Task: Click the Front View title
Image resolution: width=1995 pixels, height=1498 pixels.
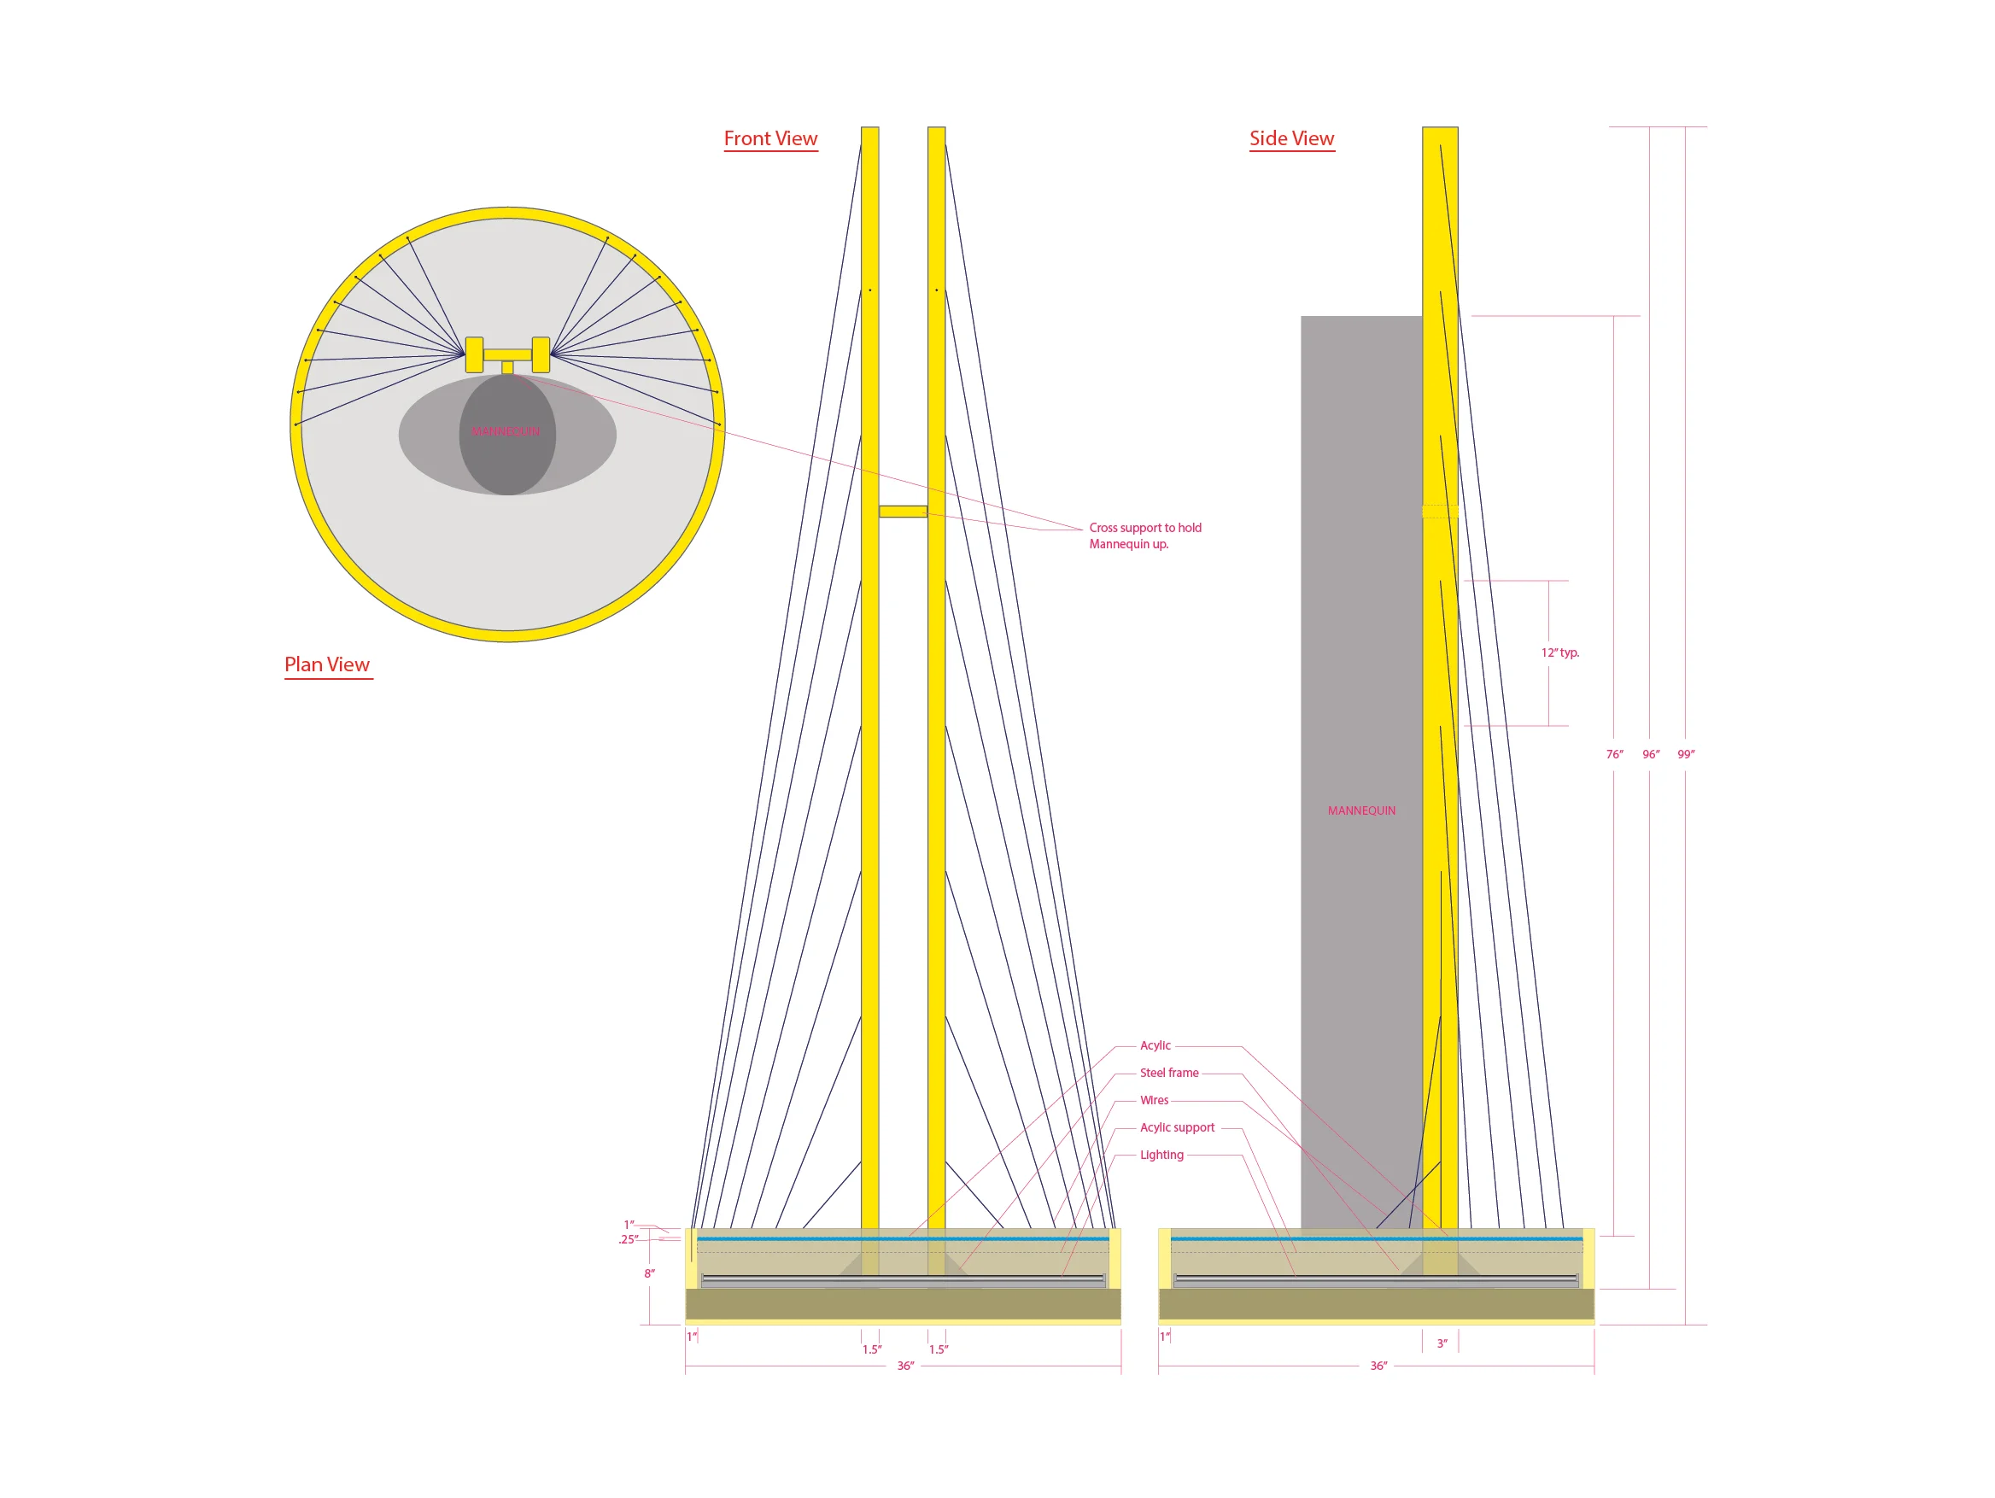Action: coord(770,139)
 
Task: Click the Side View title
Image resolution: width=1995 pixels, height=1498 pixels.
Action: coord(1291,139)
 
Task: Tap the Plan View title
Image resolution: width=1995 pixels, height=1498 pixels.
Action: coord(327,664)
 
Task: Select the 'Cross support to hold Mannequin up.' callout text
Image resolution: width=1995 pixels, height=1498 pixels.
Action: coord(1144,535)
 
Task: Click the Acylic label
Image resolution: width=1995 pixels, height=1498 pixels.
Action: coord(1155,1045)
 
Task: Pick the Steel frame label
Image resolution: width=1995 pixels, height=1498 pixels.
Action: coord(1169,1073)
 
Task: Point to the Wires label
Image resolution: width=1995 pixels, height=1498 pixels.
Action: coord(1155,1100)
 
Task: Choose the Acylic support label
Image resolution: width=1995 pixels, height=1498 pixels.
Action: coord(1177,1127)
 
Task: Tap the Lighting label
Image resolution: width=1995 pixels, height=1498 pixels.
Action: coord(1161,1155)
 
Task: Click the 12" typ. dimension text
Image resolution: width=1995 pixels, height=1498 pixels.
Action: coord(1560,652)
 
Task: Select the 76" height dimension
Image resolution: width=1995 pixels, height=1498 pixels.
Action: coord(1614,754)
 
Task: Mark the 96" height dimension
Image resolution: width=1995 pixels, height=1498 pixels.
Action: coord(1651,754)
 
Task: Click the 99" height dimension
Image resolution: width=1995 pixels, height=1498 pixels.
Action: coord(1686,754)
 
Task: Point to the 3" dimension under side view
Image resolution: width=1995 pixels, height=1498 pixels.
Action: coord(1442,1343)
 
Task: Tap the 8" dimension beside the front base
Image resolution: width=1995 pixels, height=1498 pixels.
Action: coord(649,1273)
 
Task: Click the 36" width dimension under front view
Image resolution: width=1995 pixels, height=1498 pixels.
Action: coord(905,1366)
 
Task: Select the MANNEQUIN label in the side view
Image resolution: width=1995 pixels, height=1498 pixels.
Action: coord(1361,810)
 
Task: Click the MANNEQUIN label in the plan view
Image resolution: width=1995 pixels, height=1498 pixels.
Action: coord(505,432)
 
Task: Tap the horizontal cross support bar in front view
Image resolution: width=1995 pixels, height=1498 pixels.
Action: coord(903,512)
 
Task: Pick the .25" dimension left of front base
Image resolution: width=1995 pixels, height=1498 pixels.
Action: coord(629,1240)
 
